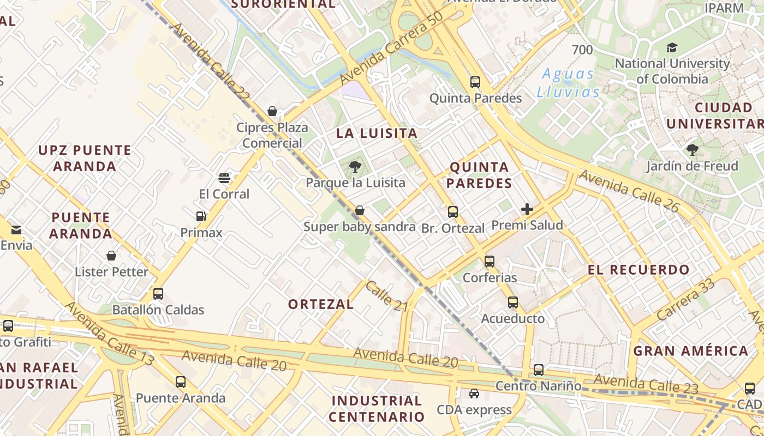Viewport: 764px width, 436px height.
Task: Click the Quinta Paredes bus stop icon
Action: [475, 82]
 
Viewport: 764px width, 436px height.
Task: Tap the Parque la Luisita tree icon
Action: [355, 166]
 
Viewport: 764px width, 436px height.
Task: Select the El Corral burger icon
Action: [224, 178]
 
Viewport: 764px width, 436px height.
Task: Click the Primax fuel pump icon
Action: [201, 216]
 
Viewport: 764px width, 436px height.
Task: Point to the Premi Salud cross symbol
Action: [527, 209]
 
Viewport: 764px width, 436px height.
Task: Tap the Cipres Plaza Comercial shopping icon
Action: [272, 111]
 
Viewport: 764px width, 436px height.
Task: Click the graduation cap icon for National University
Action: [672, 47]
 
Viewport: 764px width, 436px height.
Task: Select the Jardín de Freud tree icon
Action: [692, 149]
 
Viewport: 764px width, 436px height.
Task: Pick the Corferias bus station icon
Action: [490, 262]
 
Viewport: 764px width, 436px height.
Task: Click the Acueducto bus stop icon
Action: [512, 302]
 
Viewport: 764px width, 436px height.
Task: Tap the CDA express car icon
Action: [474, 393]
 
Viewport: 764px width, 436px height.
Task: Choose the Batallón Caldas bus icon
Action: [158, 294]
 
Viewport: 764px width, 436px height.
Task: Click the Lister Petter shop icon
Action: [111, 256]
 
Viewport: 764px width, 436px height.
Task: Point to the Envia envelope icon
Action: [16, 229]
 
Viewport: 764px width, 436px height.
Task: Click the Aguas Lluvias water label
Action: [568, 82]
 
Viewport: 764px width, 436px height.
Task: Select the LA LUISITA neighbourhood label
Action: [377, 133]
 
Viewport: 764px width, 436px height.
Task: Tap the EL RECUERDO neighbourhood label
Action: [638, 269]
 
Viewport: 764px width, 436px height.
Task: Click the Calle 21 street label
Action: [387, 296]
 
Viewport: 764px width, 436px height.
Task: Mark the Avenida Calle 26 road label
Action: [629, 191]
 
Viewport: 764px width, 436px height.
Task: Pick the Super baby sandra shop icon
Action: [360, 210]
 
